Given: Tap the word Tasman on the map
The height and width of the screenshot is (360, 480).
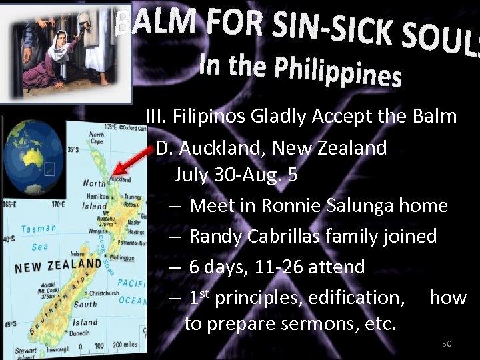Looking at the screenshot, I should [x=39, y=229].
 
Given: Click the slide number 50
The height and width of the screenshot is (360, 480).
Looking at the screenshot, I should [x=447, y=343].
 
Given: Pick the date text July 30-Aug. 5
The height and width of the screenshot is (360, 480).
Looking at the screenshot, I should [x=236, y=175].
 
